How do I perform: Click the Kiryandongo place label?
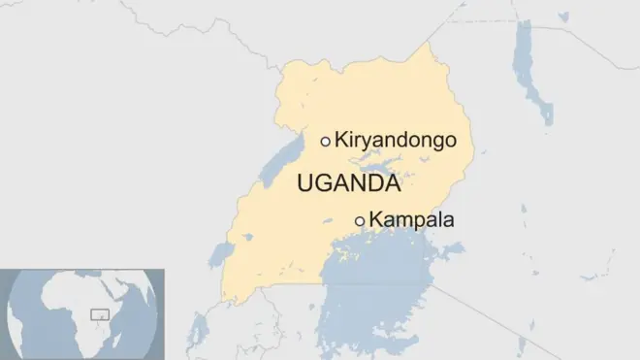(395, 142)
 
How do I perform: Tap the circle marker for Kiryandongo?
(325, 141)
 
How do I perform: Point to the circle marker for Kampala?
(360, 221)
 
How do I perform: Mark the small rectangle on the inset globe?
(98, 314)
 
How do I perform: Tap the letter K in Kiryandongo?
(340, 142)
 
